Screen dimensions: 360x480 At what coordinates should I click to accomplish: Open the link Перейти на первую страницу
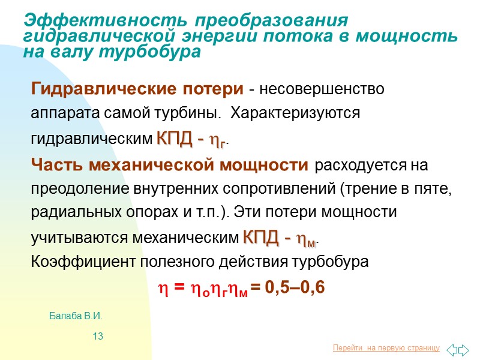pyautogui.click(x=386, y=349)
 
